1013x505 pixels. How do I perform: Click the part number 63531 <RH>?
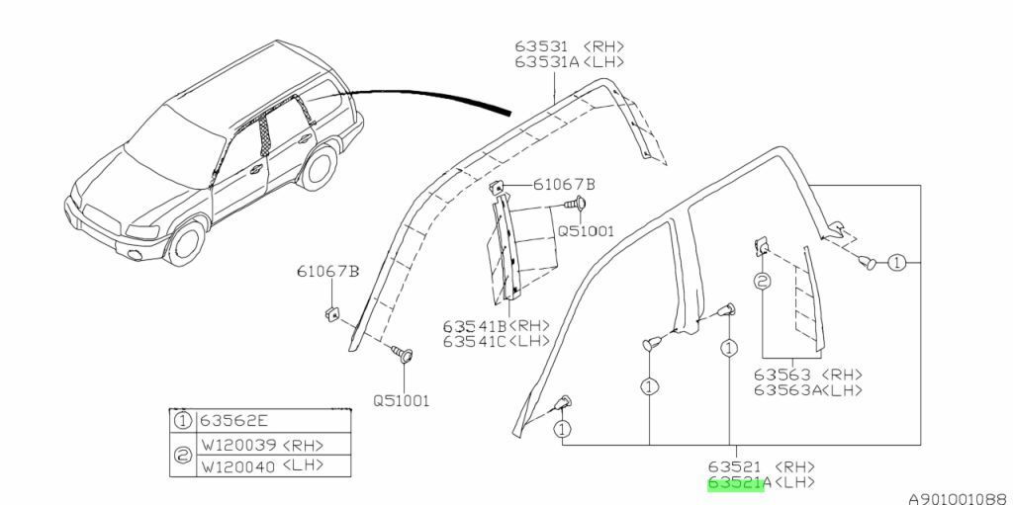(x=569, y=46)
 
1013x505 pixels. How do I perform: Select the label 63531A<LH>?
(x=569, y=61)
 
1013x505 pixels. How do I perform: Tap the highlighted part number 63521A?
(x=732, y=483)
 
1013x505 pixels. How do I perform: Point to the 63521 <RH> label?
(x=760, y=465)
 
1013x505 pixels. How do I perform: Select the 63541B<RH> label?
(x=496, y=326)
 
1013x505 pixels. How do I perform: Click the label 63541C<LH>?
(x=496, y=341)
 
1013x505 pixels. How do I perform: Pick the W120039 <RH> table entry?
(x=261, y=444)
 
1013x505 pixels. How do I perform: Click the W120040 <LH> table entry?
(x=261, y=465)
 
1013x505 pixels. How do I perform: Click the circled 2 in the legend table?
(x=182, y=455)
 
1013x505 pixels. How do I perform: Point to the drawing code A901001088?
(x=957, y=498)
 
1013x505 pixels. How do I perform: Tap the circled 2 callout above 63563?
(x=763, y=281)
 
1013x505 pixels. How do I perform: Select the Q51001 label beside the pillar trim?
(x=585, y=231)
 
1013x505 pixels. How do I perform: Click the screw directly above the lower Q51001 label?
(x=403, y=351)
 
